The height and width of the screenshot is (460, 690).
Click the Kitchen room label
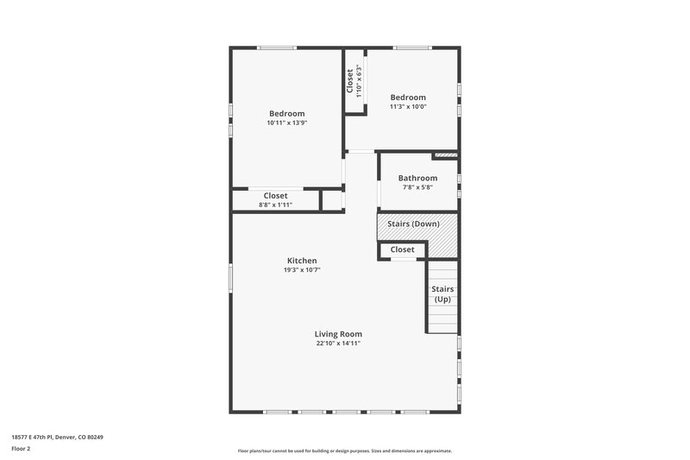[302, 261]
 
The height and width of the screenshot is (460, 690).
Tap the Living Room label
[338, 334]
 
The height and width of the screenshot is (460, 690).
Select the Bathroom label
[417, 178]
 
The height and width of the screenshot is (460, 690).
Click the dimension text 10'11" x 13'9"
[287, 123]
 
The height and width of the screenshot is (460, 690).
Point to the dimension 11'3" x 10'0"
[408, 107]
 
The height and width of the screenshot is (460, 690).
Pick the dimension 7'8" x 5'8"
[417, 187]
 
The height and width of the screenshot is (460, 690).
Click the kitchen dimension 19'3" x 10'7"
[302, 270]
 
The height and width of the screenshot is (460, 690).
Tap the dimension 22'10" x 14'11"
[338, 343]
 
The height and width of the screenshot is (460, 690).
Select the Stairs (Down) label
[414, 224]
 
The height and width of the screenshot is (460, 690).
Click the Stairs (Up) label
[442, 294]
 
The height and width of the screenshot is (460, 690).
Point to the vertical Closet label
[349, 81]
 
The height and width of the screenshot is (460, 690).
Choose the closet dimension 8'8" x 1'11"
[276, 205]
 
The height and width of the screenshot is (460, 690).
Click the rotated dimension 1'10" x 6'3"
[358, 81]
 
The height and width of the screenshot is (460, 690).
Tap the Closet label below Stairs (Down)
[403, 250]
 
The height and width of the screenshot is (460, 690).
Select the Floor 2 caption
[22, 450]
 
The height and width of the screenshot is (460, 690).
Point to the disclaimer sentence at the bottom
[345, 451]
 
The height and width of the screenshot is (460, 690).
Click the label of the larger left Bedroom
[287, 114]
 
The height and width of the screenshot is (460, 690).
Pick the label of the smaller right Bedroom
[408, 98]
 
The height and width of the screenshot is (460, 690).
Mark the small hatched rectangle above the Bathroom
[445, 155]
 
